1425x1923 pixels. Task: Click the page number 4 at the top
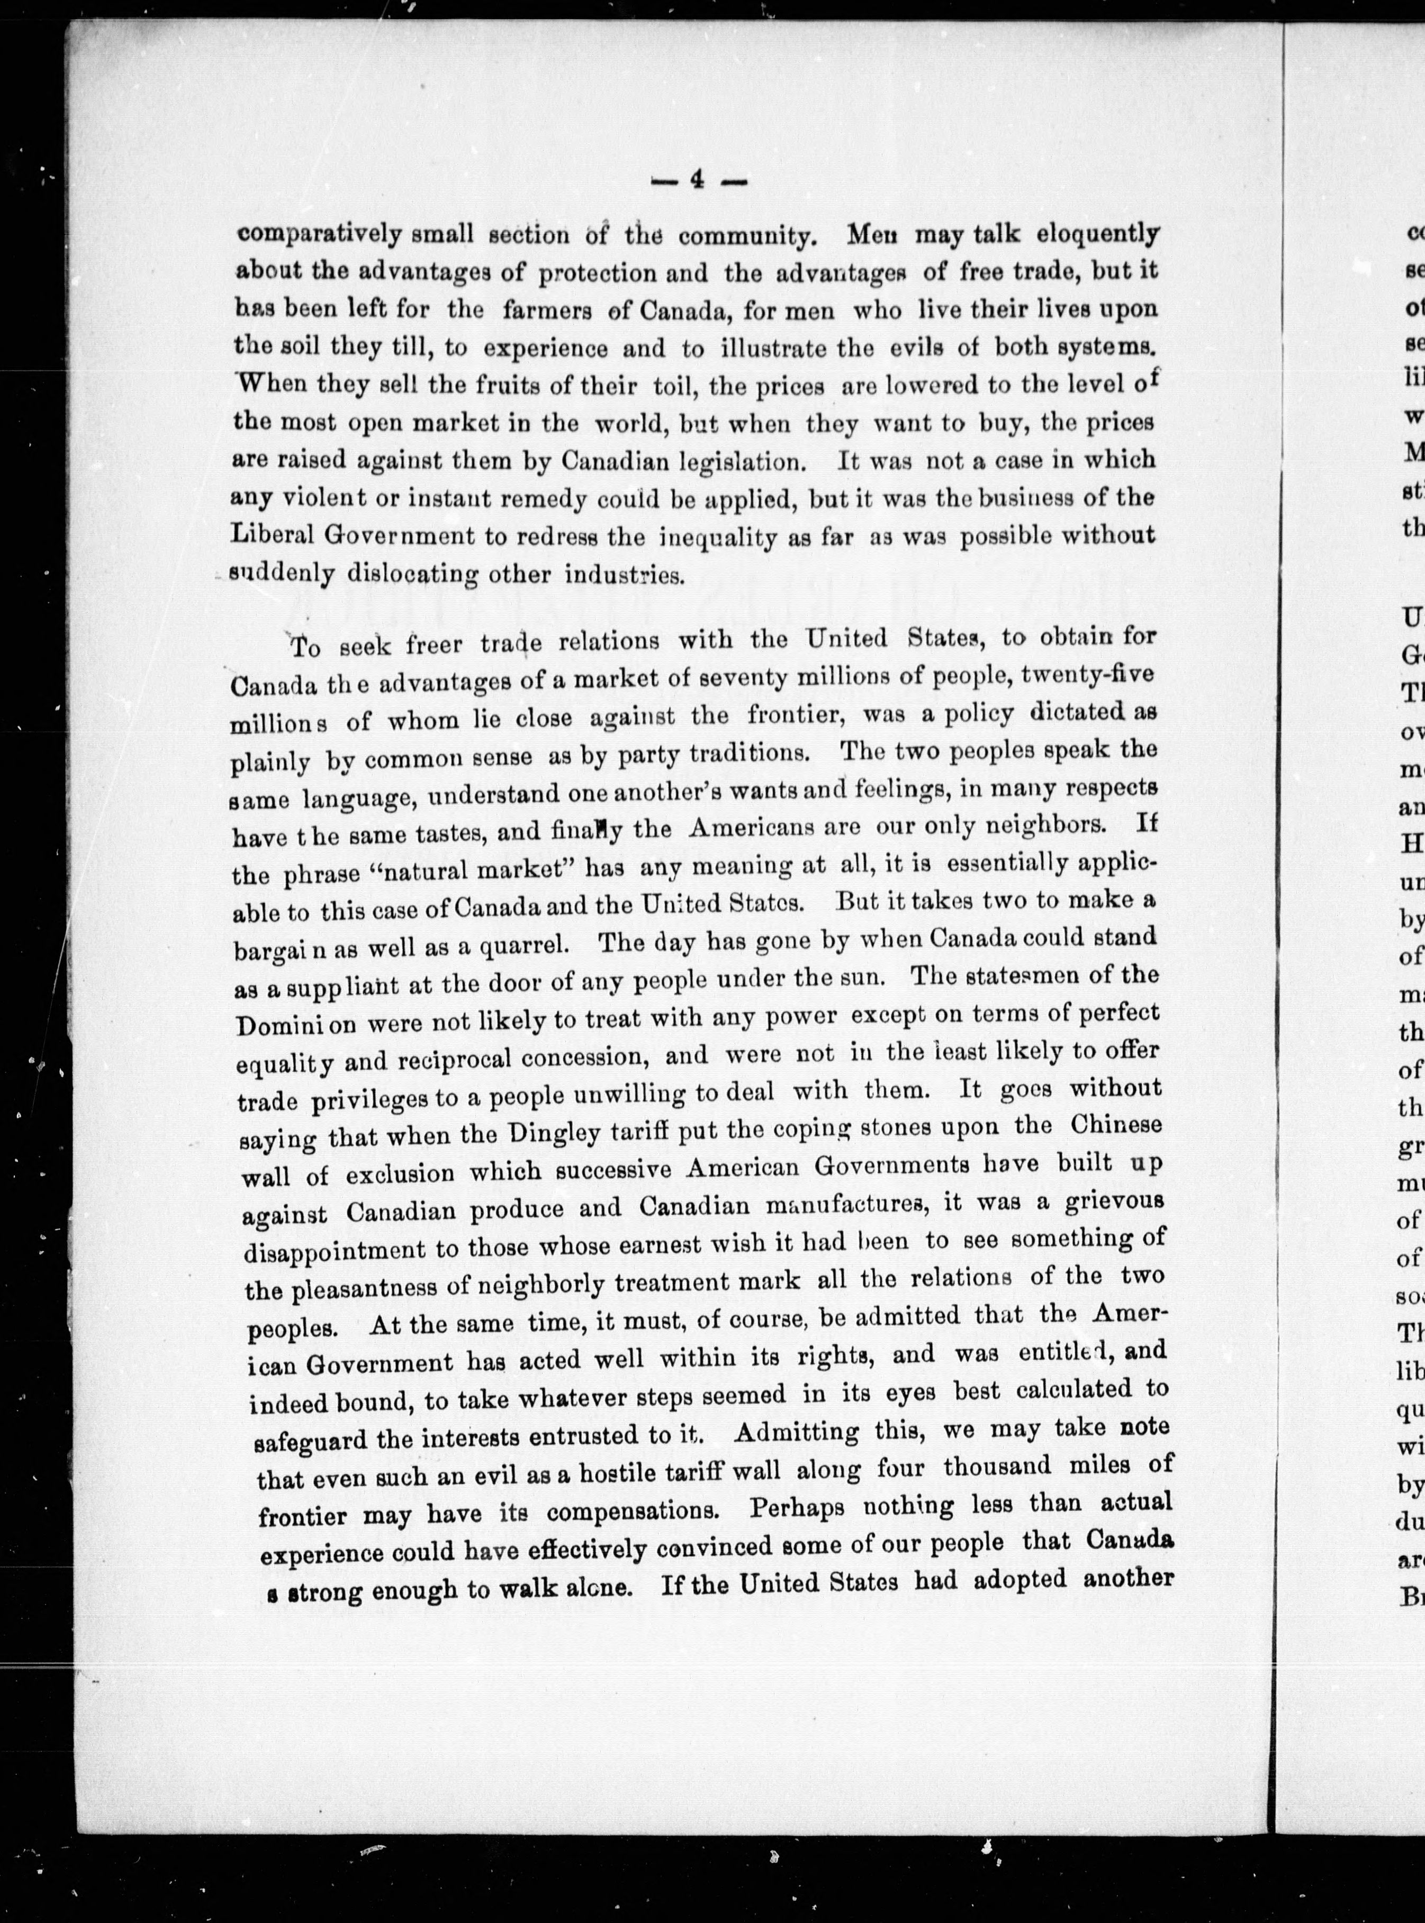click(697, 181)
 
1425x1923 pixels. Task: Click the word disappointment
click(347, 1250)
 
